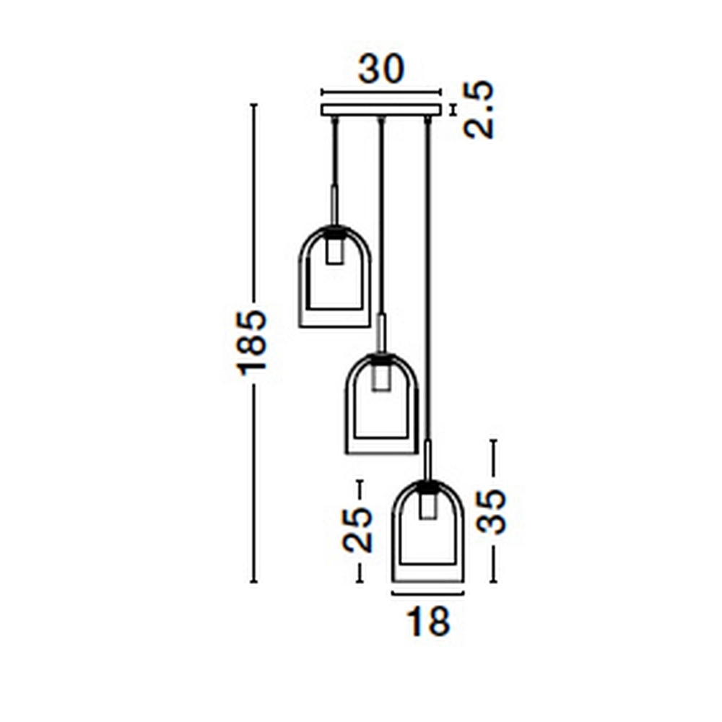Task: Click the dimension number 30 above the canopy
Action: point(381,69)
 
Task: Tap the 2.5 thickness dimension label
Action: point(479,110)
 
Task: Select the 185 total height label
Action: point(252,342)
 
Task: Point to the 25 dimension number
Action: point(358,530)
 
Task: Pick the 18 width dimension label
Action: point(428,621)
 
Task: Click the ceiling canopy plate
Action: point(380,110)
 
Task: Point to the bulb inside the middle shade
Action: point(381,378)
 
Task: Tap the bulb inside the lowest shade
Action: point(428,505)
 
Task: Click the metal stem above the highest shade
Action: point(334,205)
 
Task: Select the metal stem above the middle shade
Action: point(381,333)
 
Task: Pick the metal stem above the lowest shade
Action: point(428,460)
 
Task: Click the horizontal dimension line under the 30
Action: point(380,92)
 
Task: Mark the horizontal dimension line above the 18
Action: point(427,593)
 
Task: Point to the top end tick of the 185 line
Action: point(253,105)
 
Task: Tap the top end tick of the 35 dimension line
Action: point(493,440)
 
